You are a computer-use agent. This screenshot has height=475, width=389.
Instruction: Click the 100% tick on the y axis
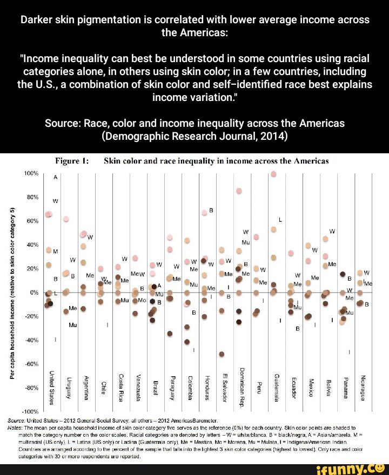[x=30, y=173]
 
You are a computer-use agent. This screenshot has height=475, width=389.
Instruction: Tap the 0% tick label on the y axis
[x=33, y=292]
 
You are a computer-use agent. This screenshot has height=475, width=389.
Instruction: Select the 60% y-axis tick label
[x=32, y=221]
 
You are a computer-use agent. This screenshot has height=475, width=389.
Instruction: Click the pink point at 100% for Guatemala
[x=274, y=174]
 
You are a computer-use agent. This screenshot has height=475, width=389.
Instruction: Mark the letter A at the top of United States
[x=56, y=177]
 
